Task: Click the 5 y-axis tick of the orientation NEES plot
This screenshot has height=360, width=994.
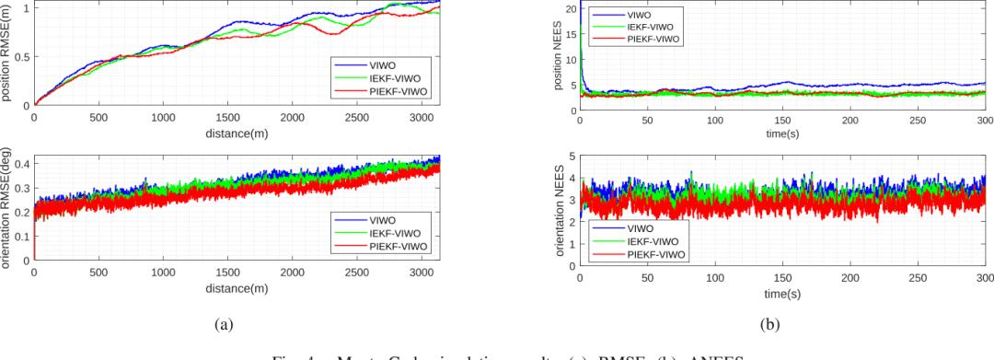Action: pos(572,157)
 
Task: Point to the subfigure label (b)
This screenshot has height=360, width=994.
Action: pos(782,323)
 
